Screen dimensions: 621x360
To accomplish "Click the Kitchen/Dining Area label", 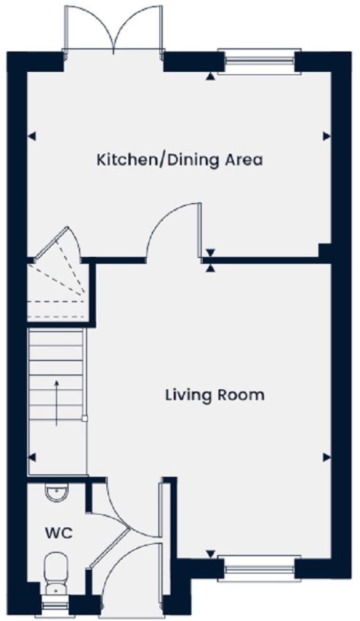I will coord(179,159).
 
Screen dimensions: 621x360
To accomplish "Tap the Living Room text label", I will coord(214,395).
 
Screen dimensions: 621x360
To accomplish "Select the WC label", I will coord(58,534).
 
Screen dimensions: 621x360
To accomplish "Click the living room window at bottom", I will coord(259,568).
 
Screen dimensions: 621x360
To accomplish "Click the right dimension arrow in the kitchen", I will coord(326,136).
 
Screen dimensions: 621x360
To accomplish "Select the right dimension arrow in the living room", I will coord(326,457).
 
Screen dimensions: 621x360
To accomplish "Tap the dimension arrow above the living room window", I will coord(211,554).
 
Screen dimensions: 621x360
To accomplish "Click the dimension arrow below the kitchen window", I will coord(211,76).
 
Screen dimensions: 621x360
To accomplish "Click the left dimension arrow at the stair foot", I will coord(32,457).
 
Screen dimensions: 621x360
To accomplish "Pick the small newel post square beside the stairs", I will coord(85,419).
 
